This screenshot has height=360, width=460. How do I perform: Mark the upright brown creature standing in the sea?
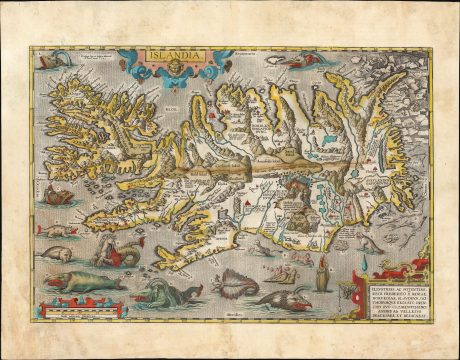[x=322, y=272]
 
